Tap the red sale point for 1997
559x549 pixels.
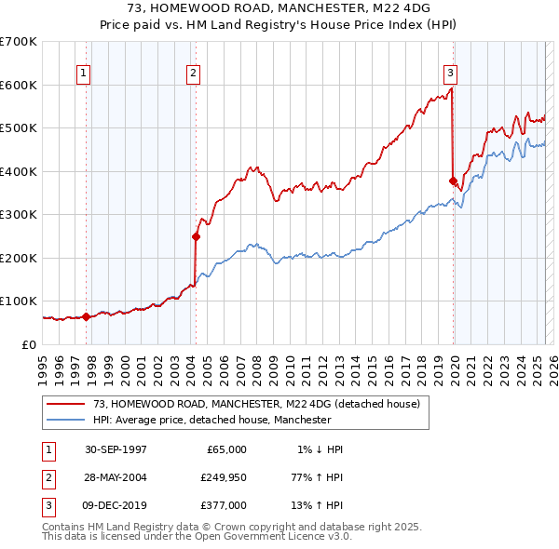click(x=87, y=316)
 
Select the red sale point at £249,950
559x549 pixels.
click(x=197, y=236)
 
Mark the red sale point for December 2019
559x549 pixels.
click(x=453, y=181)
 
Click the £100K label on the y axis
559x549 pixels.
click(x=19, y=301)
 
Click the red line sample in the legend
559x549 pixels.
click(x=68, y=404)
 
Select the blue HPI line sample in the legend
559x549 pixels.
click(x=68, y=420)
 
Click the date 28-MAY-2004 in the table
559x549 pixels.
click(x=116, y=477)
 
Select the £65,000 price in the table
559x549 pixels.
click(x=224, y=449)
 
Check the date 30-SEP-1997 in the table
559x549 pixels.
click(x=116, y=449)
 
